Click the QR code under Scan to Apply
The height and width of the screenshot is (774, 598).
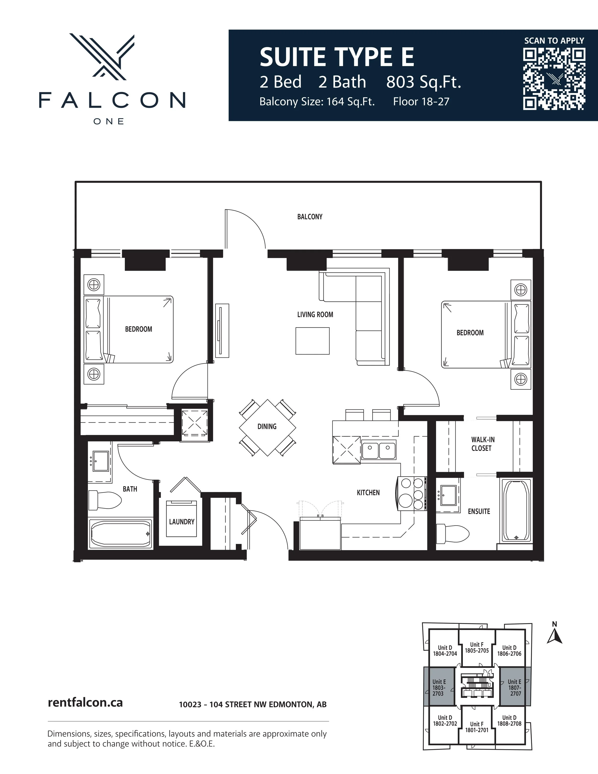point(554,79)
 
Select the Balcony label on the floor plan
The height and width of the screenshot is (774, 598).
point(310,216)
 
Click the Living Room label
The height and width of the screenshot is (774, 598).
point(315,314)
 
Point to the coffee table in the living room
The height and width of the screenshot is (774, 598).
point(312,341)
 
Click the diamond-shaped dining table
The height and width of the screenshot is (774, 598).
point(267,427)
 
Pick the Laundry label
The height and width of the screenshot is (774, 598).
point(182,522)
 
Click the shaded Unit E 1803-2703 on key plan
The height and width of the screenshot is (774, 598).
point(439,687)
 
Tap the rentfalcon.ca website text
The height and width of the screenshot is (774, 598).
point(85,702)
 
